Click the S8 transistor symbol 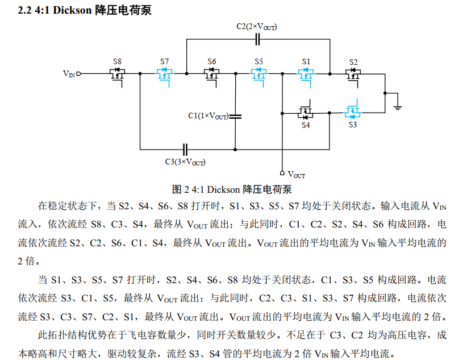point(118,77)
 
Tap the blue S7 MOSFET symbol point(164,77)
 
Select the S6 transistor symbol point(211,77)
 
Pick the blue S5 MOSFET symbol point(258,77)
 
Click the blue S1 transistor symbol point(306,77)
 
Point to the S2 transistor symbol point(353,77)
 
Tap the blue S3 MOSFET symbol point(352,110)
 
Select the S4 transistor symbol point(305,110)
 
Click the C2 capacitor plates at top point(257,39)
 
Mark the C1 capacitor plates point(235,116)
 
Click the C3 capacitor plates point(185,150)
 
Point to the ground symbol point(398,107)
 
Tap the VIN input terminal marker point(79,74)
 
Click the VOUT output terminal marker point(282,173)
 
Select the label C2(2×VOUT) point(257,27)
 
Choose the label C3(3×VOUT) point(185,162)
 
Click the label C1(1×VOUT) point(209,115)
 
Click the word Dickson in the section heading point(72,10)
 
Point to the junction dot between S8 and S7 point(140,73)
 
